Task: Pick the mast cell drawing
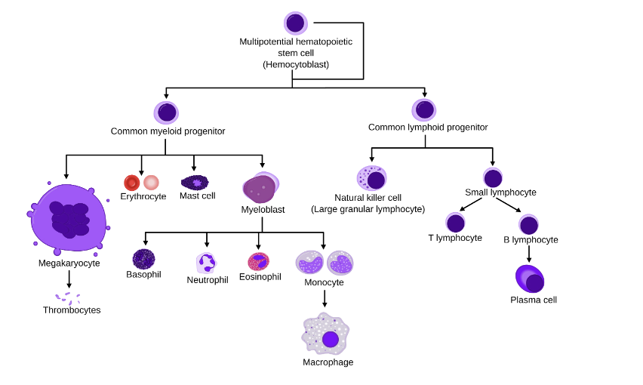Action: point(195,182)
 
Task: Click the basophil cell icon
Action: point(143,259)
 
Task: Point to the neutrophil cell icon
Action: point(206,263)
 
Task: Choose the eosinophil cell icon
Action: point(259,261)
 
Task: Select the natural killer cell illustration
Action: point(371,179)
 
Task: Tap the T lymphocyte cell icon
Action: point(455,223)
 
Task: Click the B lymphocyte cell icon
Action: point(529,224)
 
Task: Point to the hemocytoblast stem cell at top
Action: point(295,23)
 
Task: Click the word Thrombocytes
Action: point(72,310)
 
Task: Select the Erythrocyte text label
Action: point(143,196)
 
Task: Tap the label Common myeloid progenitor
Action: point(168,131)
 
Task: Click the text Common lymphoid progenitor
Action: point(428,127)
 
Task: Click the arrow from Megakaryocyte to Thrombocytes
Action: point(69,279)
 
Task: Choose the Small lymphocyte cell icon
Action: point(493,178)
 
